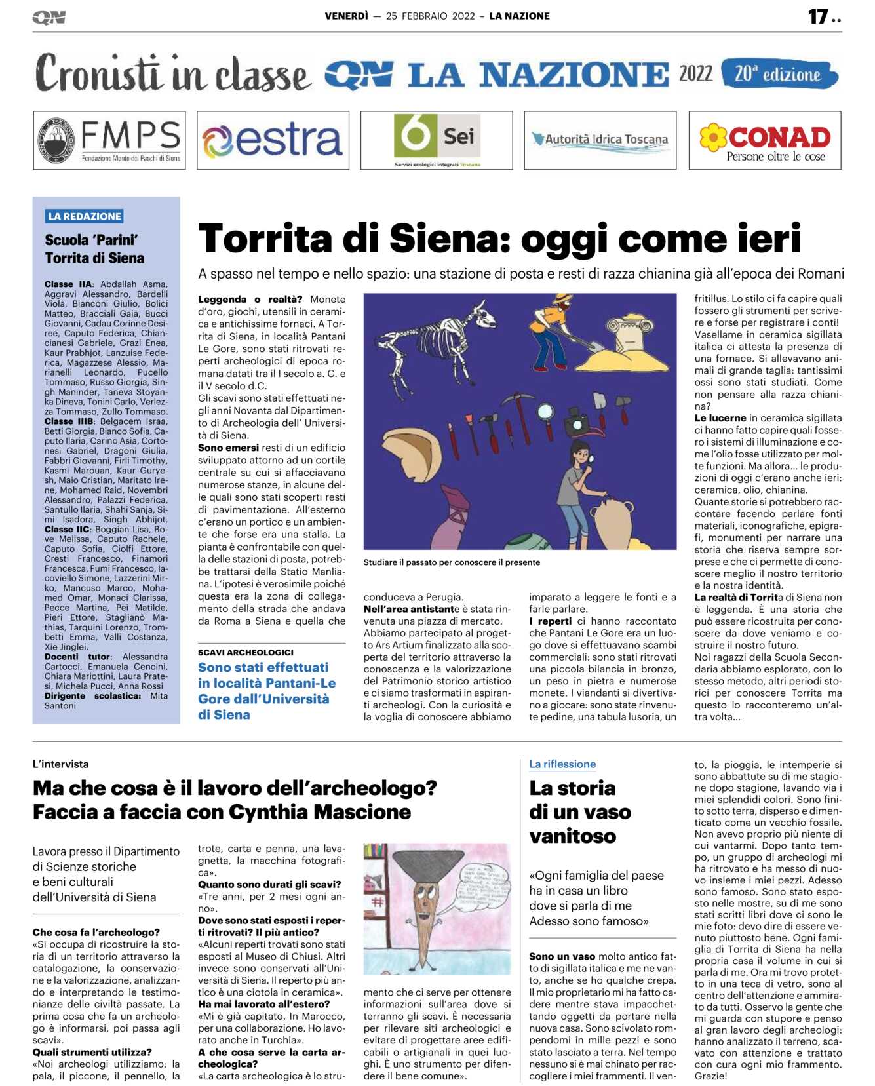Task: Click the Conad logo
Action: [x=764, y=140]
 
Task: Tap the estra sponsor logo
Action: [x=273, y=140]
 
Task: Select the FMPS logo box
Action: [x=109, y=140]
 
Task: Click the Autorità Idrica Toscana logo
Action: [x=600, y=140]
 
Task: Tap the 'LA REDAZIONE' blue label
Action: [x=85, y=216]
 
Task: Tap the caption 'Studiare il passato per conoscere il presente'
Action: [x=452, y=562]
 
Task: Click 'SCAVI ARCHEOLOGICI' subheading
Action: [x=246, y=652]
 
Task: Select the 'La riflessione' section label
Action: [x=562, y=764]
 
